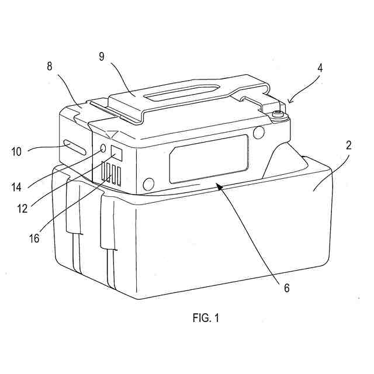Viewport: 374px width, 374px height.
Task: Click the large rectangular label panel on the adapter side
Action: (x=209, y=158)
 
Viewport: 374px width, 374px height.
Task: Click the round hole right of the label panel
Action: (x=257, y=134)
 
